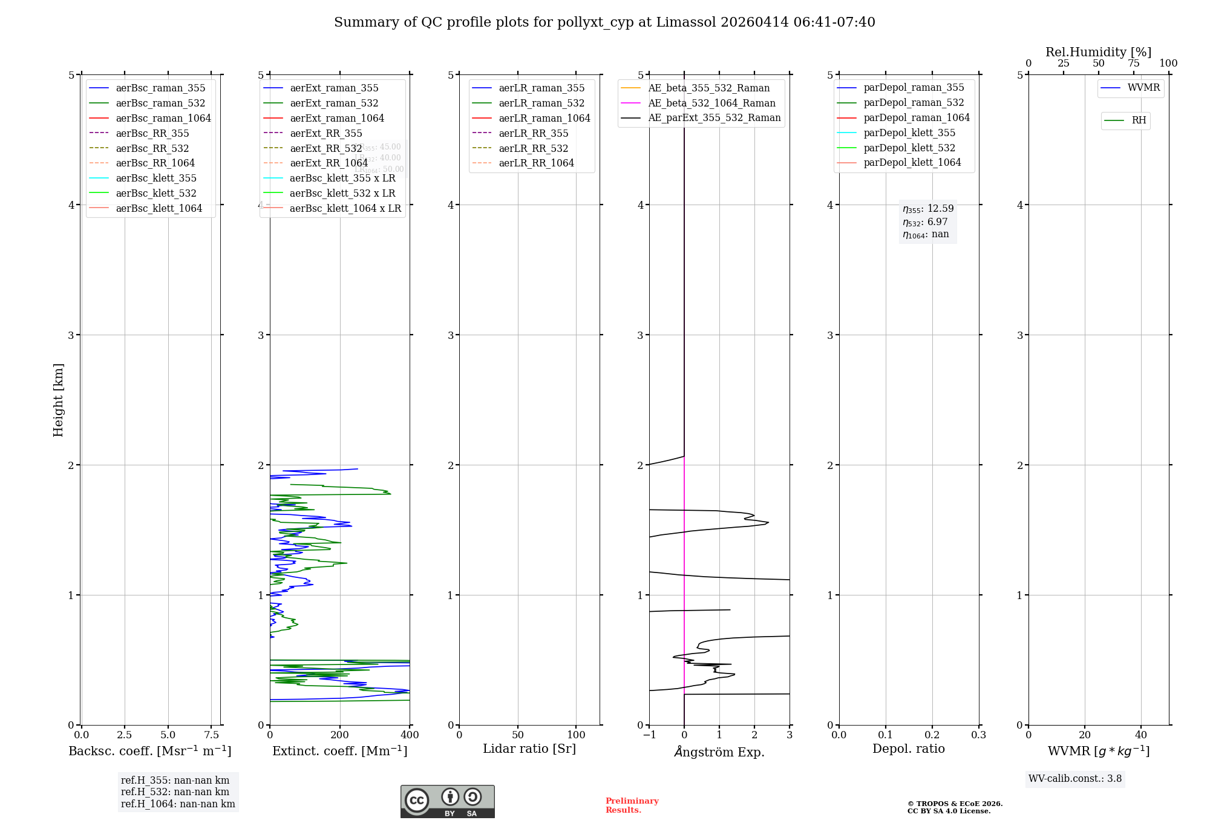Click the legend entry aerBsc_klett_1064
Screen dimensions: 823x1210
pyautogui.click(x=159, y=208)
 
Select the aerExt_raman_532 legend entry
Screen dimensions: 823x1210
pyautogui.click(x=334, y=103)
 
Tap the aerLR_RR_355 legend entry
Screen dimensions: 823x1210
pyautogui.click(x=533, y=133)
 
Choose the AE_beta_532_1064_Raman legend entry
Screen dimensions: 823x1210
pyautogui.click(x=711, y=103)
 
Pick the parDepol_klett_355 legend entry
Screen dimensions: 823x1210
pyautogui.click(x=909, y=133)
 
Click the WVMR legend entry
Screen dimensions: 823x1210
pyautogui.click(x=1143, y=88)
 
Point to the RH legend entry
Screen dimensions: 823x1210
pyautogui.click(x=1139, y=120)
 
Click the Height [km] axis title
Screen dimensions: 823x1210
pyautogui.click(x=58, y=399)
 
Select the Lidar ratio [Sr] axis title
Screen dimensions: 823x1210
pyautogui.click(x=529, y=749)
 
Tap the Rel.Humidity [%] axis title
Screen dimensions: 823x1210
pyautogui.click(x=1098, y=52)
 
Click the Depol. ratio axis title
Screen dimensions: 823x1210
pyautogui.click(x=908, y=749)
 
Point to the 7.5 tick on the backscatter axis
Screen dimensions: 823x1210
pyautogui.click(x=211, y=735)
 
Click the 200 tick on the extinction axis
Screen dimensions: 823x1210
pyautogui.click(x=340, y=735)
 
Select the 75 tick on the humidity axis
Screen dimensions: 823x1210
pyautogui.click(x=1133, y=64)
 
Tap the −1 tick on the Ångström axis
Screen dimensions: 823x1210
pyautogui.click(x=649, y=735)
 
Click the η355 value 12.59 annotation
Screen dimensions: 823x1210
pyautogui.click(x=928, y=209)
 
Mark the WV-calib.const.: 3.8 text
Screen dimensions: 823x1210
pyautogui.click(x=1074, y=778)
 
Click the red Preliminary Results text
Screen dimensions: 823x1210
pyautogui.click(x=632, y=805)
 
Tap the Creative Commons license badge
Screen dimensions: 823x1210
pyautogui.click(x=447, y=801)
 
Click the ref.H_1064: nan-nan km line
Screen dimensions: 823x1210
pyautogui.click(x=178, y=804)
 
